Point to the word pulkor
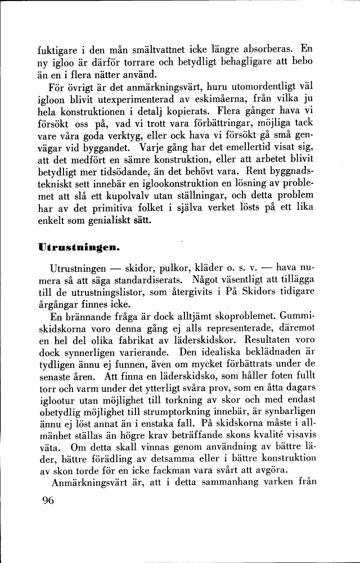click(158, 265)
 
